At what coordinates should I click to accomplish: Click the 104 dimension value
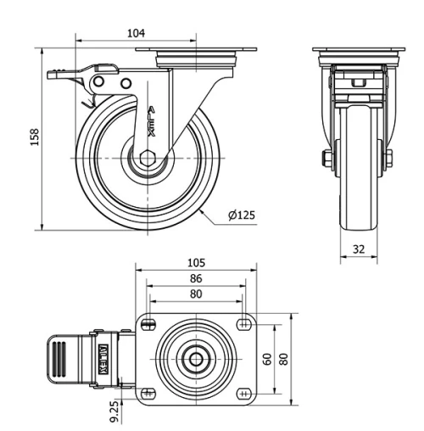[x=136, y=33]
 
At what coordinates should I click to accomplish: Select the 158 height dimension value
[x=35, y=137]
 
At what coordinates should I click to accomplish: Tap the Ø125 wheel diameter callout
[x=242, y=215]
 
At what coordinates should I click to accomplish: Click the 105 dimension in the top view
[x=196, y=263]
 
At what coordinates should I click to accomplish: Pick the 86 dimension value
[x=196, y=278]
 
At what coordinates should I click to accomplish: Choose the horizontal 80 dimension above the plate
[x=196, y=294]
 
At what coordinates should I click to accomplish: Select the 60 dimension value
[x=268, y=359]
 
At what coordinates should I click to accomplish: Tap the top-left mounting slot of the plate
[x=150, y=324]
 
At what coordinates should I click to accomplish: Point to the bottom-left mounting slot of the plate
[x=150, y=394]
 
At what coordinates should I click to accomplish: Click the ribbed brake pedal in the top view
[x=64, y=359]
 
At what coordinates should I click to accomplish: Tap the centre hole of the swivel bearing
[x=196, y=359]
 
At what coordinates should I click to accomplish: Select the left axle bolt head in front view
[x=327, y=159]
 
